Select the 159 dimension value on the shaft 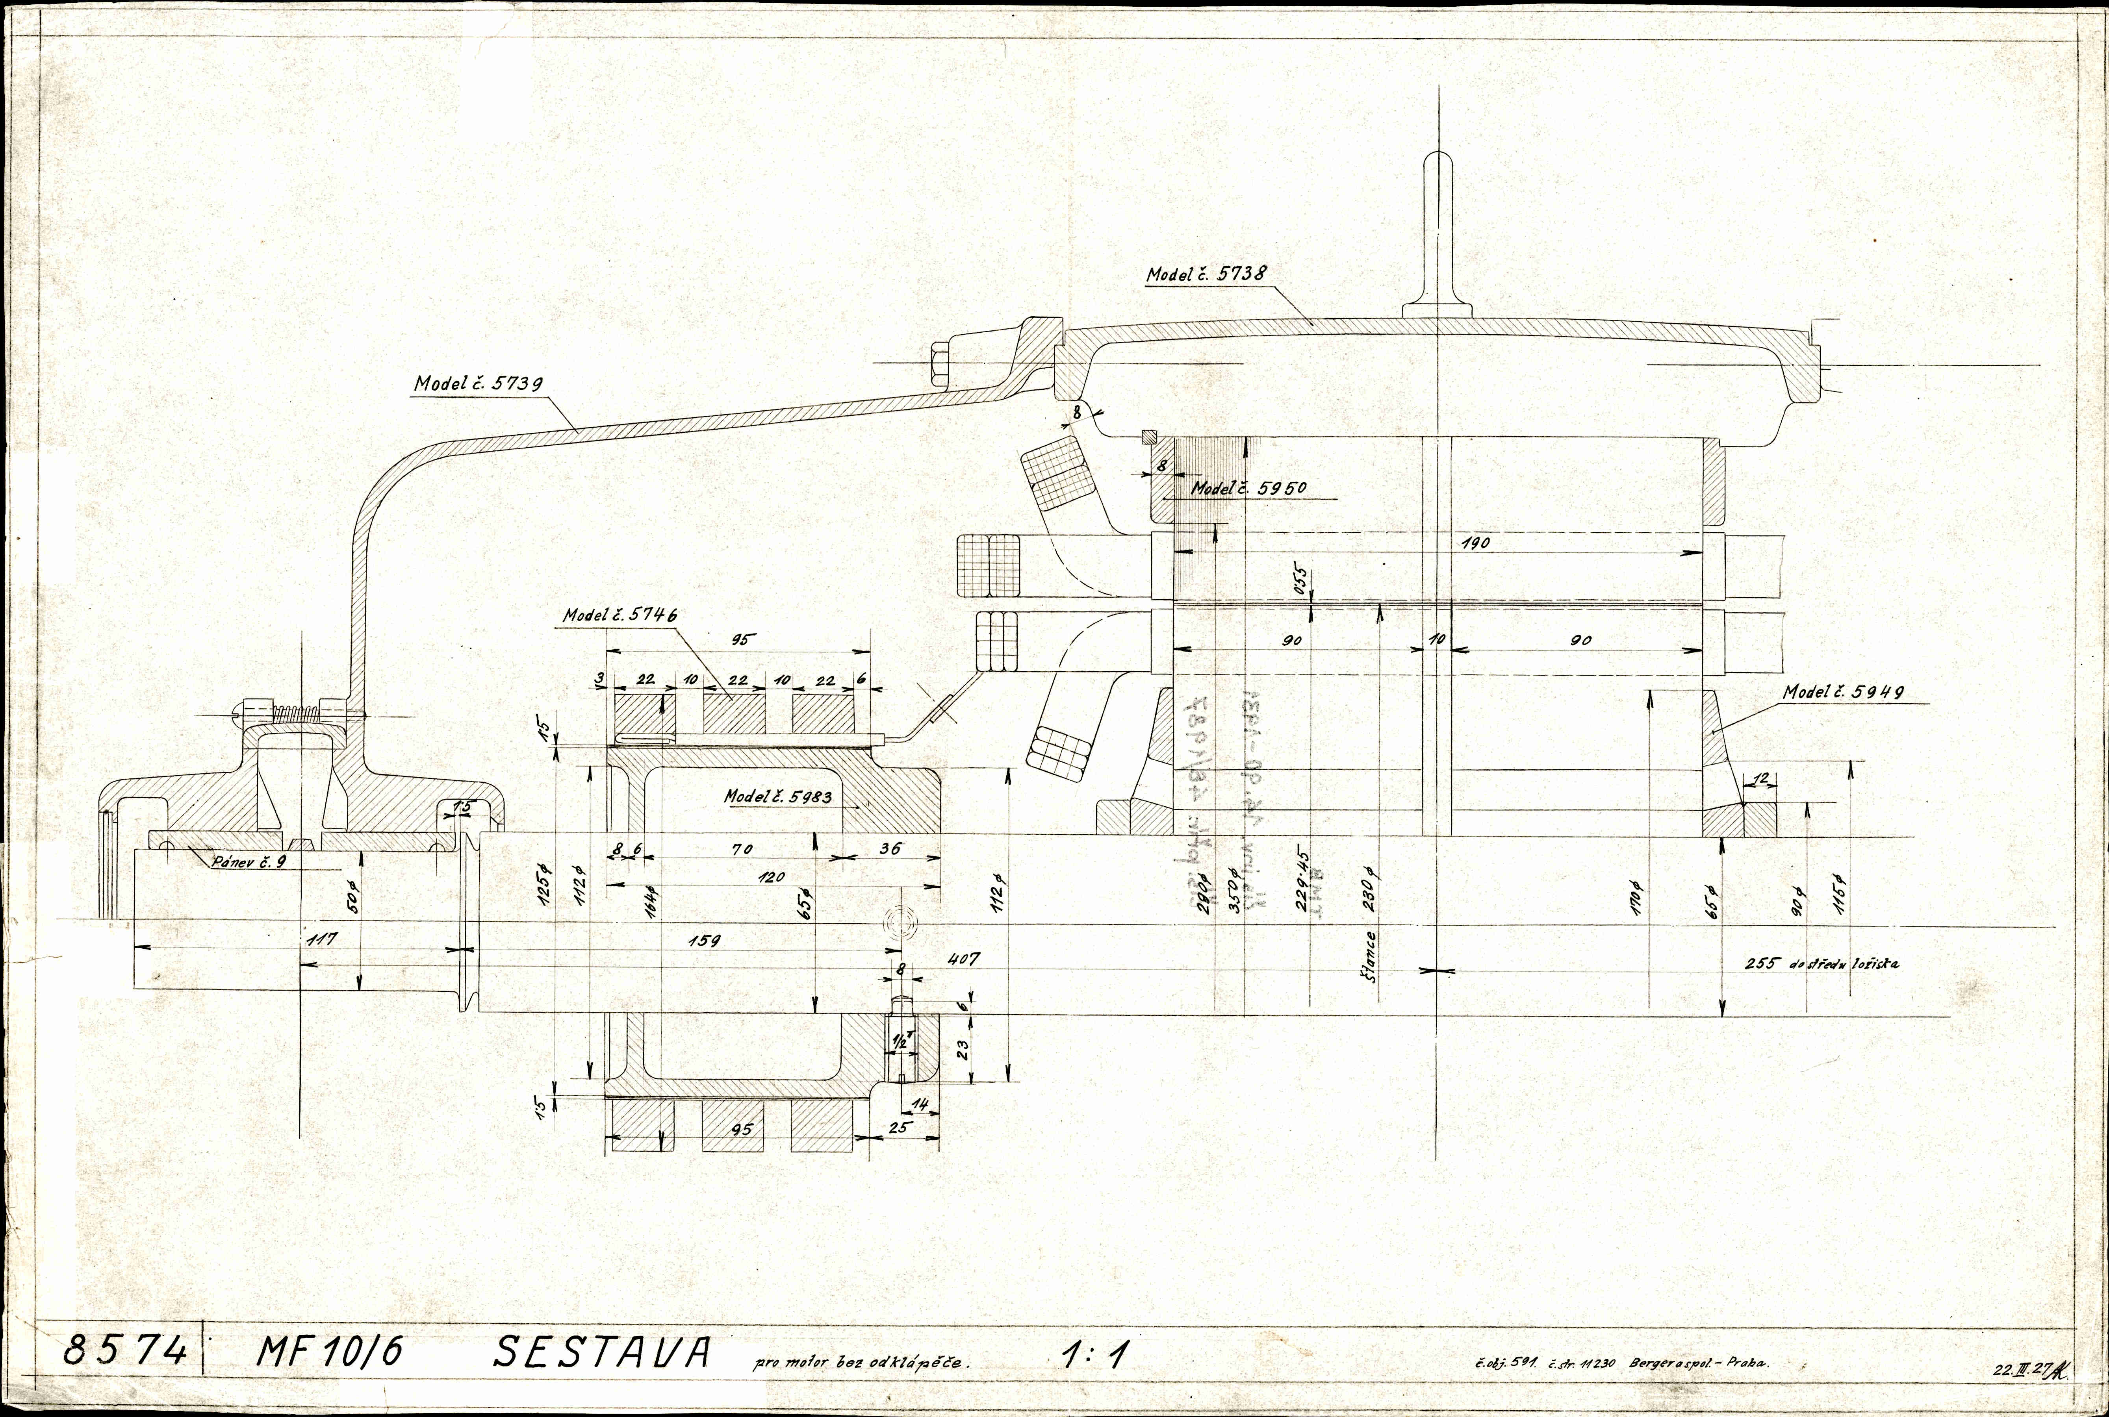click(x=703, y=941)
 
